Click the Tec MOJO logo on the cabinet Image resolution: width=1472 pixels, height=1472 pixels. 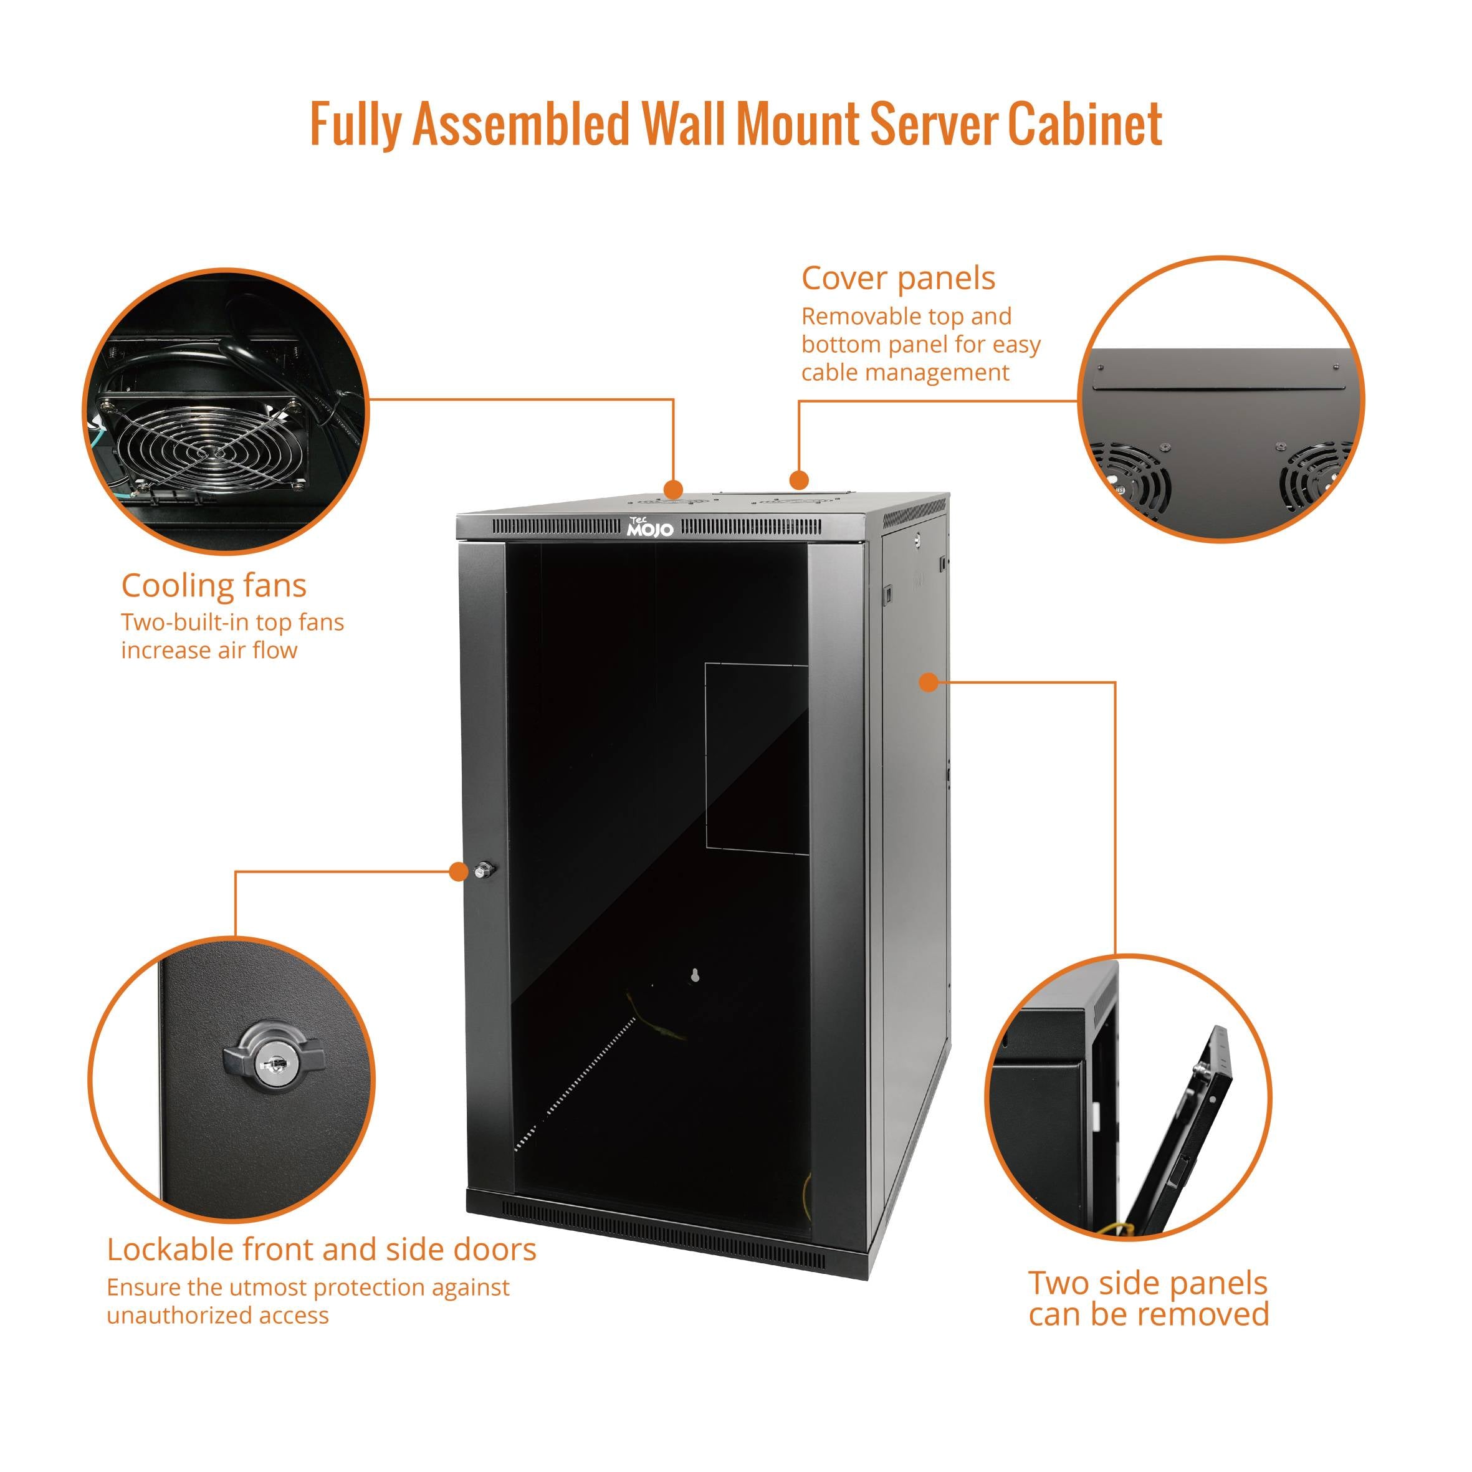(x=649, y=527)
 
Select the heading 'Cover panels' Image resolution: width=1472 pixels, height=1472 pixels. (x=897, y=278)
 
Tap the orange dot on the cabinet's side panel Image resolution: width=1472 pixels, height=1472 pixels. (x=927, y=682)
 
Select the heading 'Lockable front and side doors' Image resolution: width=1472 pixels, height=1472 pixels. (x=321, y=1250)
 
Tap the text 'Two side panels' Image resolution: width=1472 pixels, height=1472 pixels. (x=1147, y=1284)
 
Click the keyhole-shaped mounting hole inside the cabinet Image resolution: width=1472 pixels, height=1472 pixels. (x=694, y=975)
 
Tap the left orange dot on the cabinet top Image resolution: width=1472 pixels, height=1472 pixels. (x=673, y=489)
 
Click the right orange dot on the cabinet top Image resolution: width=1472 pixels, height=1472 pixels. (x=798, y=480)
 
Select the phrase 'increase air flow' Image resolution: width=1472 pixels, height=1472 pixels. (x=209, y=651)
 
